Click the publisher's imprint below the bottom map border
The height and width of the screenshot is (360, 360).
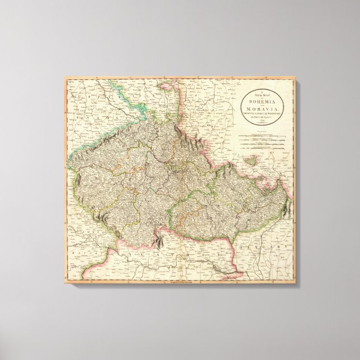pyautogui.click(x=180, y=285)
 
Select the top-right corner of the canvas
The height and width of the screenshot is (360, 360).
pyautogui.click(x=295, y=78)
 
